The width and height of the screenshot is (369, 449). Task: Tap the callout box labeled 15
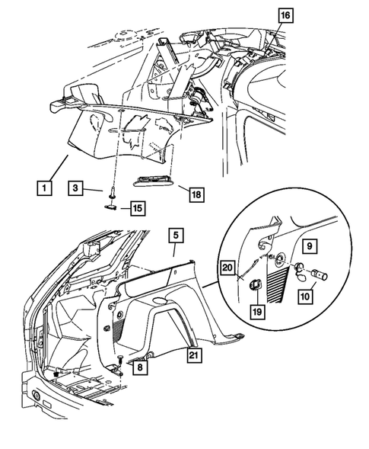pos(136,207)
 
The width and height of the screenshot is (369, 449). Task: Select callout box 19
pos(259,312)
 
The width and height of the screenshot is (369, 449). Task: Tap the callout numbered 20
pos(227,268)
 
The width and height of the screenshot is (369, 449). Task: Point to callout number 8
pos(139,367)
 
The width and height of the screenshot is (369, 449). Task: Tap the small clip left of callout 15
pos(111,204)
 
